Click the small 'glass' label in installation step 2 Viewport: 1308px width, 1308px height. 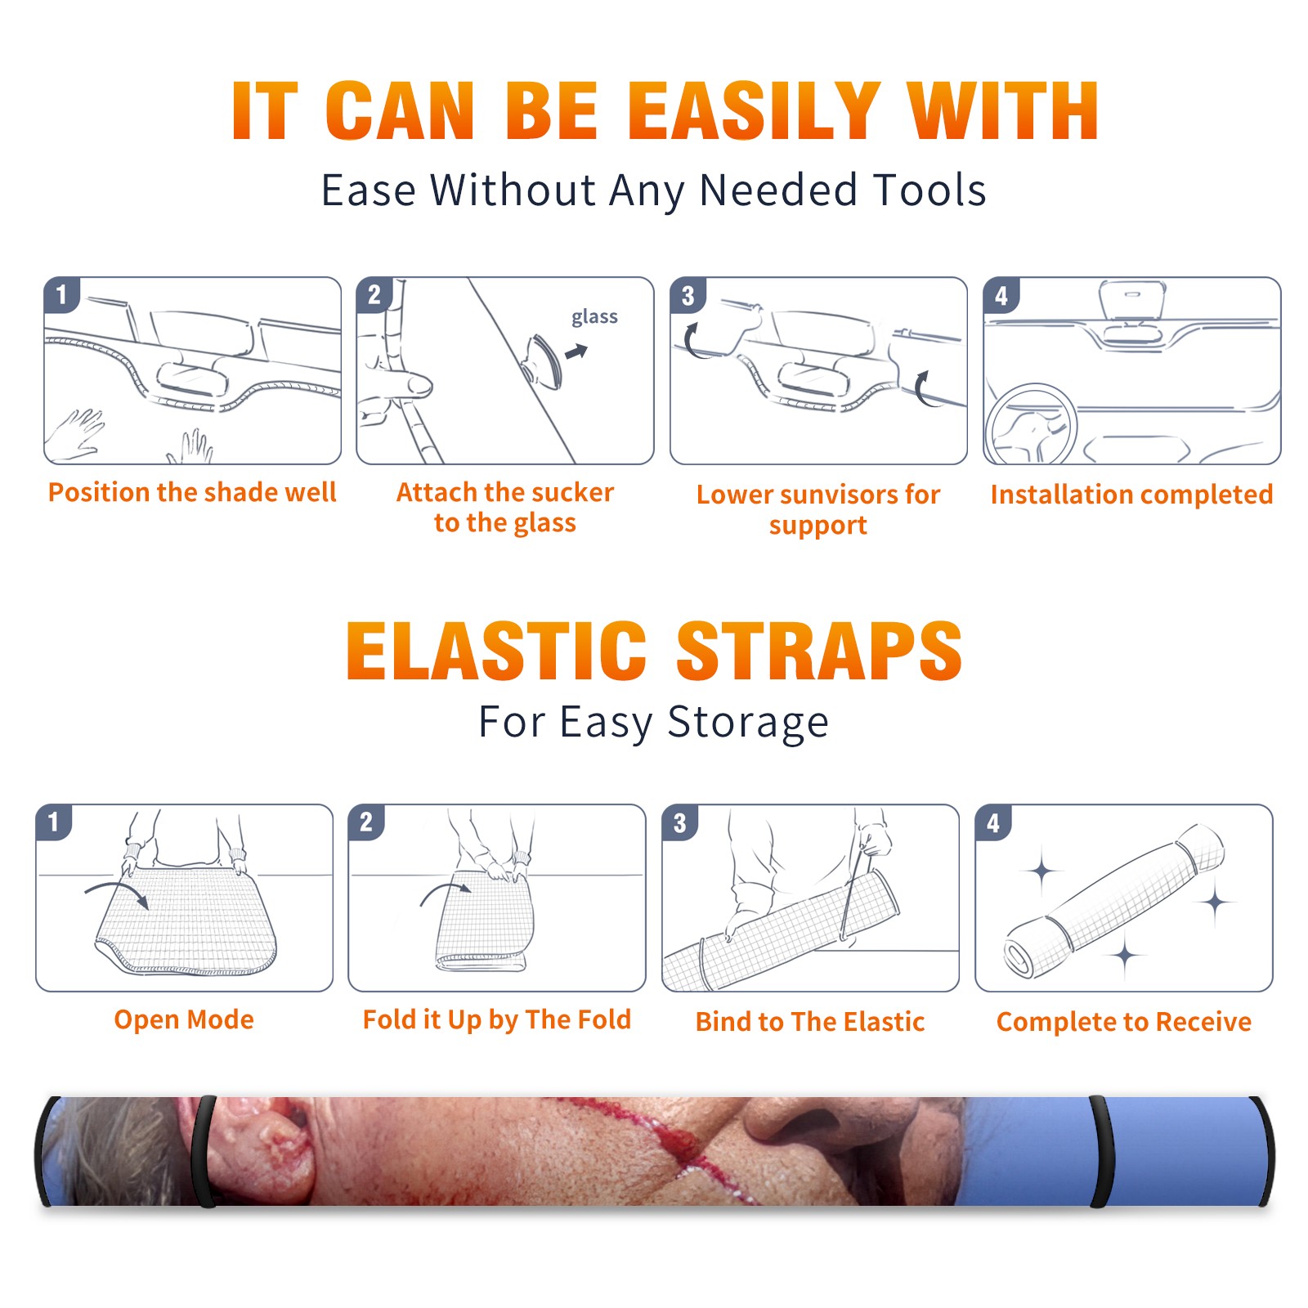click(x=594, y=317)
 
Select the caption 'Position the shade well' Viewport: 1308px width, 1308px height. click(x=192, y=492)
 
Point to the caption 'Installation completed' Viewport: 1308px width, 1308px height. click(x=1131, y=495)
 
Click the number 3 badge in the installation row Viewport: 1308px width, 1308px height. click(x=688, y=296)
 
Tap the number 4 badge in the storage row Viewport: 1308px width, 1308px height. click(x=992, y=822)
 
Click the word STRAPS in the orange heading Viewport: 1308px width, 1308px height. click(x=819, y=651)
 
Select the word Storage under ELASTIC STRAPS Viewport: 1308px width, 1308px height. click(x=748, y=723)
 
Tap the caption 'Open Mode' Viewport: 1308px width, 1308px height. click(x=184, y=1019)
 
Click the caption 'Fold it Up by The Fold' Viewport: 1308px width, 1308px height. click(x=497, y=1020)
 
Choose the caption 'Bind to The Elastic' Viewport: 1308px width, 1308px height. click(x=810, y=1022)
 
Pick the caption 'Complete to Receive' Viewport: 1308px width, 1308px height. click(x=1124, y=1022)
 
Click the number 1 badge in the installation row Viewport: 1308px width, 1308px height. click(x=61, y=295)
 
